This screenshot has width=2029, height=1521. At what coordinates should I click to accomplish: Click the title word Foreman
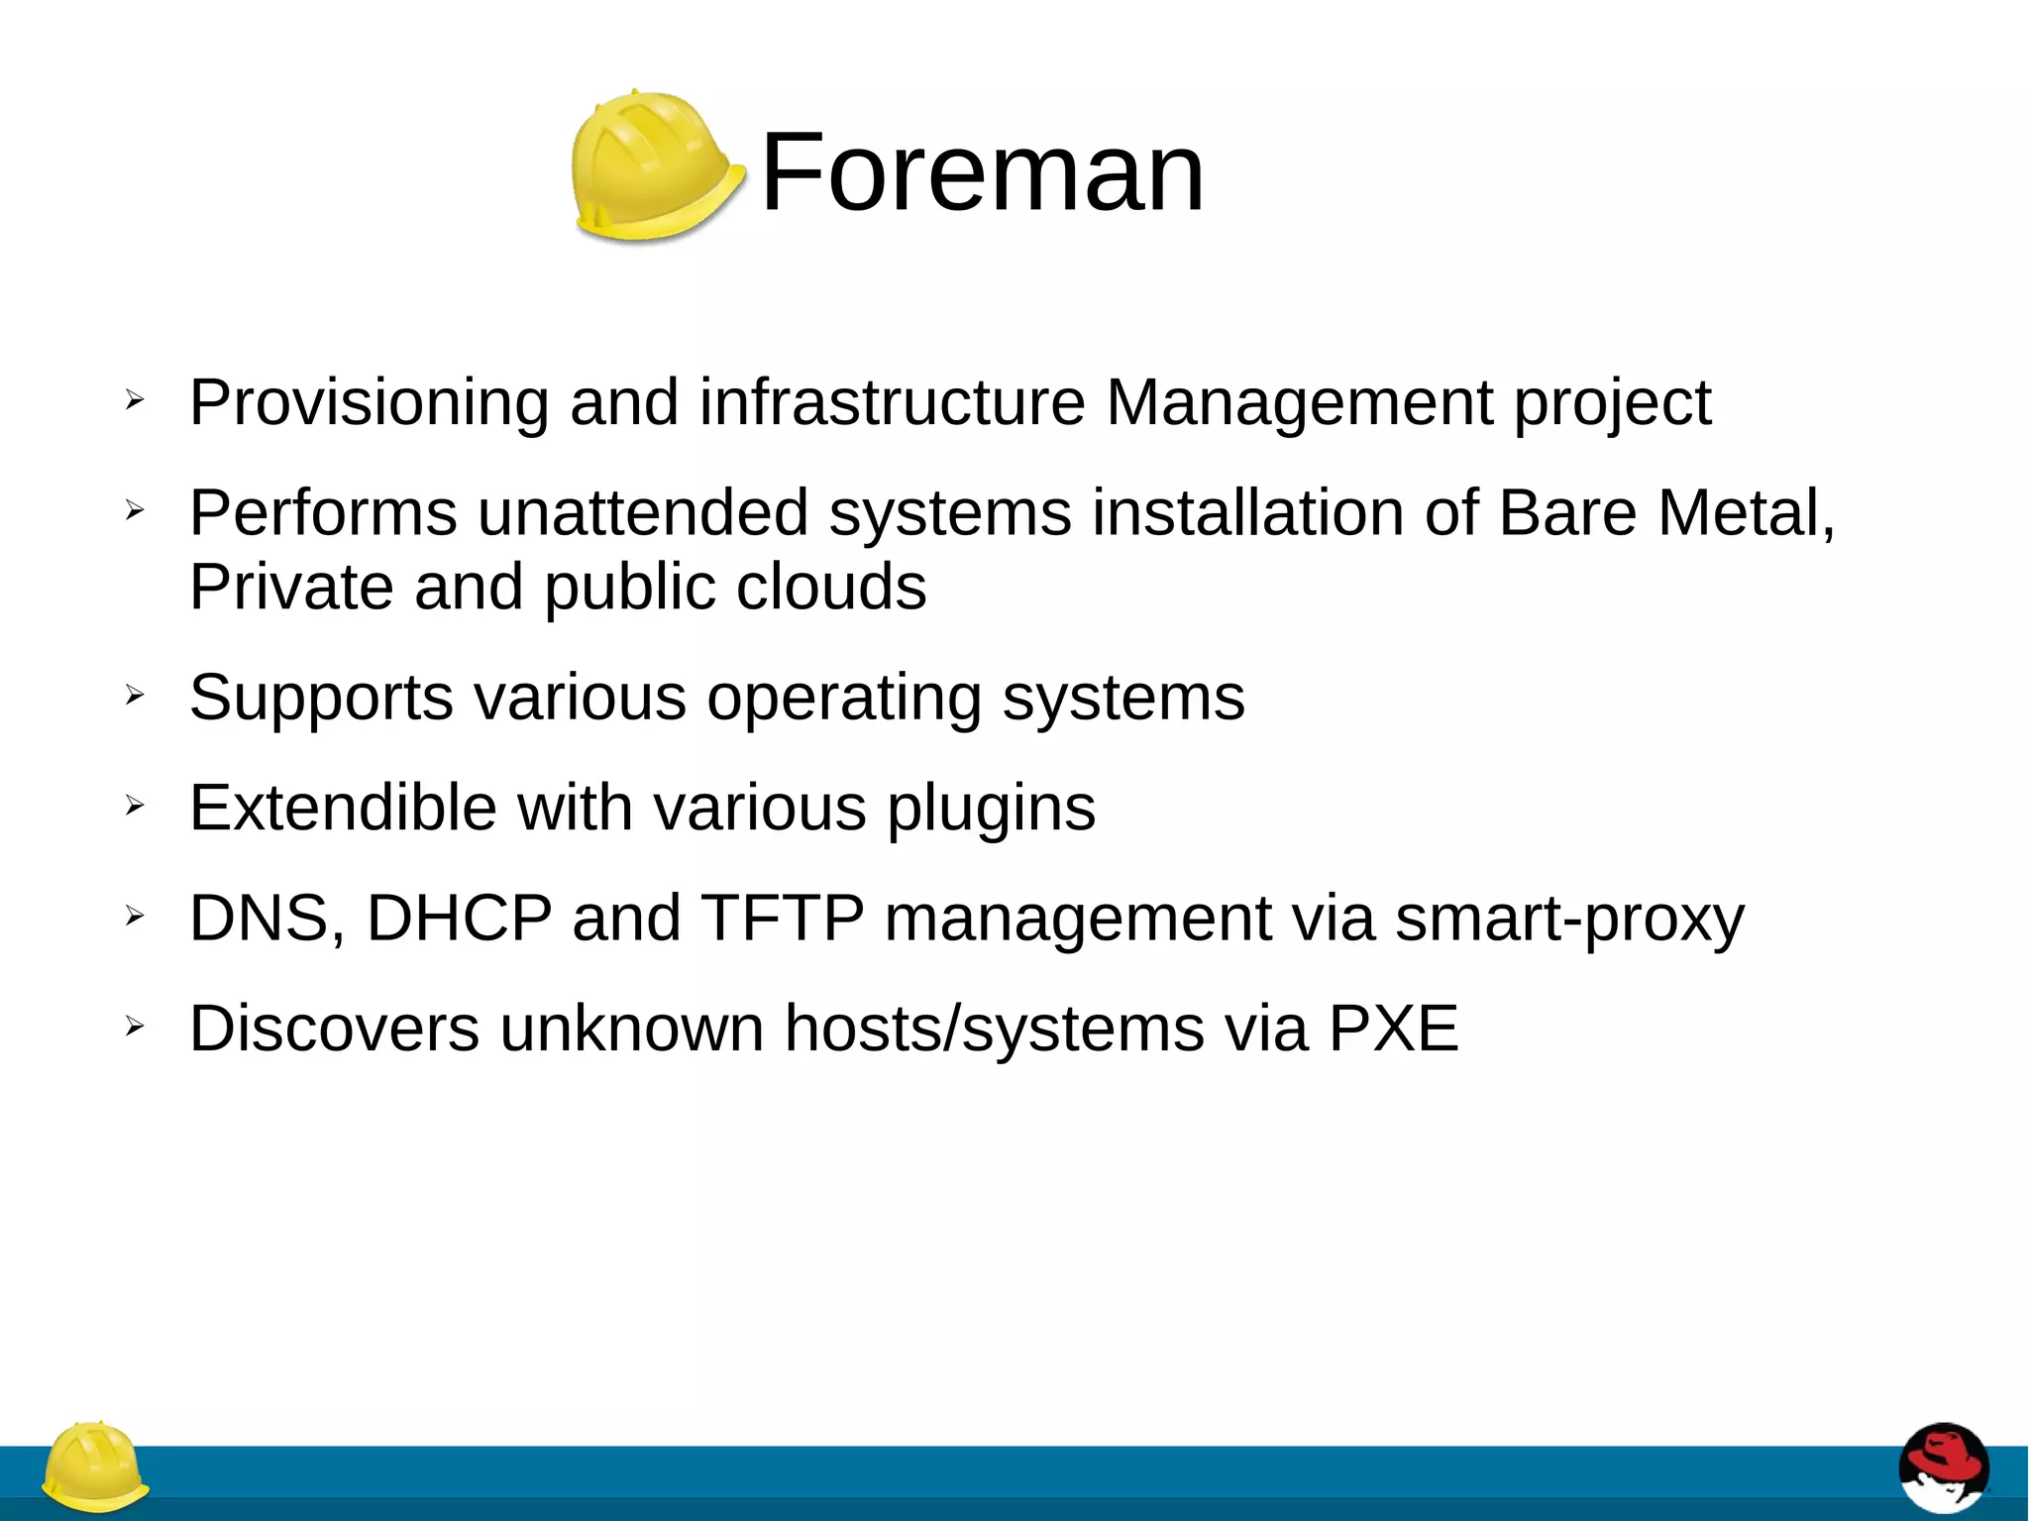982,173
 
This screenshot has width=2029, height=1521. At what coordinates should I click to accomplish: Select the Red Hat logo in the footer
1943,1468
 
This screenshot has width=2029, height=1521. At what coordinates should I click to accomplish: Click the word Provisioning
369,403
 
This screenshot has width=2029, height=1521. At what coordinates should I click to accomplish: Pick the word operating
843,699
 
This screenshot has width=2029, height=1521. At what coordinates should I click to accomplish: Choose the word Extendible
343,808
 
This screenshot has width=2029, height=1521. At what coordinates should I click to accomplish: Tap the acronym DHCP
459,918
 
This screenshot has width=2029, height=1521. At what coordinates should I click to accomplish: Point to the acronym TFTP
783,918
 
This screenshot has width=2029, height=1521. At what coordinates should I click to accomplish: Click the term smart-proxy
1569,920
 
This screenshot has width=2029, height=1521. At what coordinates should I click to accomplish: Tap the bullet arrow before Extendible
135,806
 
